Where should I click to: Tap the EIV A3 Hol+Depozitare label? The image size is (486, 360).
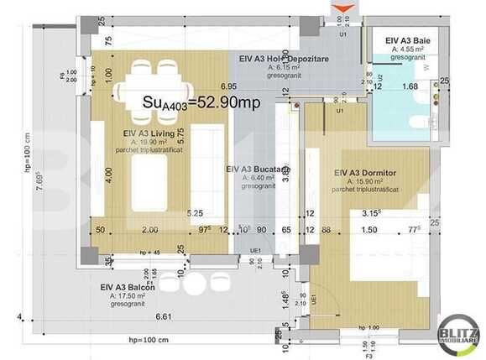tap(280, 60)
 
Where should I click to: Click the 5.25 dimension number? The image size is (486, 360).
tap(195, 213)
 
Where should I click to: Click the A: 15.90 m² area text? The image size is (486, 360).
tap(364, 182)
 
